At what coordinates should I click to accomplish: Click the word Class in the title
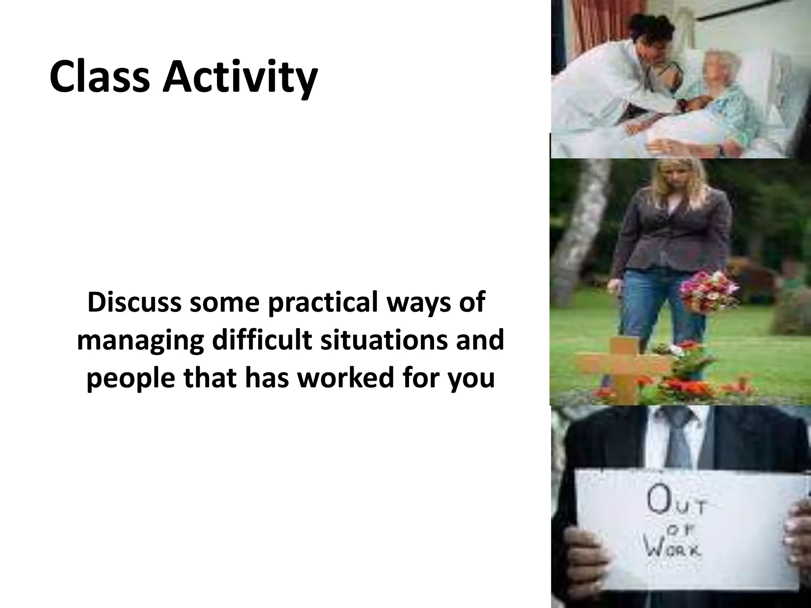click(x=100, y=76)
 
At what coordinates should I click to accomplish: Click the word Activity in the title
click(x=240, y=77)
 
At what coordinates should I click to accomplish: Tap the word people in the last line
click(x=130, y=378)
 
